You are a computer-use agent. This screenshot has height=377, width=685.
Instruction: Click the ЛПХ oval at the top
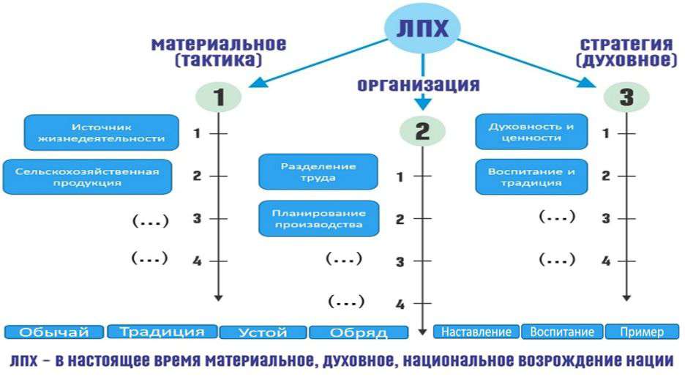tap(422, 29)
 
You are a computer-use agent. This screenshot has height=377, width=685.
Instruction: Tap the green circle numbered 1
tap(218, 97)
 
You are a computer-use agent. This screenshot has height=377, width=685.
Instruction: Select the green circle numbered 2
tap(422, 131)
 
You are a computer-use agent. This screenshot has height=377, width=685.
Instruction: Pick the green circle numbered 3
tap(626, 97)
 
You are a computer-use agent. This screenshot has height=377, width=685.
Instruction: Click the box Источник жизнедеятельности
tap(102, 132)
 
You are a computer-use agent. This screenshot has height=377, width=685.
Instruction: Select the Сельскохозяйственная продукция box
tap(91, 177)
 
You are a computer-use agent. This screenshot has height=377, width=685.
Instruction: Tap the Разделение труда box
tap(318, 171)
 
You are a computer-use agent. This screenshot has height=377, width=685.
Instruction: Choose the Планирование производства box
tap(318, 218)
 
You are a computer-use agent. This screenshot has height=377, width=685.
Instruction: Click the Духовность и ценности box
tap(531, 132)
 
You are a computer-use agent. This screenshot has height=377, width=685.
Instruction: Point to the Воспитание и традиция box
tap(531, 176)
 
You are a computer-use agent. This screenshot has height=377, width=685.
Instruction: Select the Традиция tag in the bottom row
tap(162, 332)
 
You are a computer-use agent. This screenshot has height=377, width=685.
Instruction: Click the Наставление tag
tap(476, 332)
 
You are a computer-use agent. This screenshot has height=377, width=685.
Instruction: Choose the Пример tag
tap(641, 332)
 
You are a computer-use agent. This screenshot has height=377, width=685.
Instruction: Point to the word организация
tap(418, 85)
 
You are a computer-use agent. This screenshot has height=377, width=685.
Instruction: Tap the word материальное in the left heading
tap(219, 45)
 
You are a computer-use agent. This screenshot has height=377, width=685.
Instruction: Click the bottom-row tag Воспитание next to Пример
tap(562, 332)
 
